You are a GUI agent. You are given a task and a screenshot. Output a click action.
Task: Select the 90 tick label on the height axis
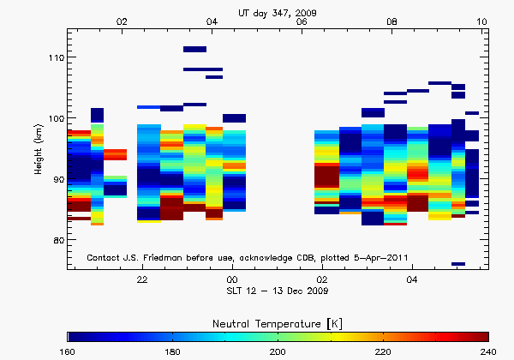tap(55, 179)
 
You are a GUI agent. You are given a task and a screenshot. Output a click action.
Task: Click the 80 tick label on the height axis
tap(55, 240)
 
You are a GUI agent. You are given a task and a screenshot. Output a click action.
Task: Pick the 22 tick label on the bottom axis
tap(142, 279)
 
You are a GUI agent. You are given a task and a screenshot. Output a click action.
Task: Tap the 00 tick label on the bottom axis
tap(232, 279)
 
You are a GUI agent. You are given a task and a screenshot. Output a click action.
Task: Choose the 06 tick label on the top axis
tap(302, 21)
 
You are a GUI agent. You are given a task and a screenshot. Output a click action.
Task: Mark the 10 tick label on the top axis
tap(482, 21)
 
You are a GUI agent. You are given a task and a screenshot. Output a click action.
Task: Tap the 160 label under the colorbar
tap(69, 351)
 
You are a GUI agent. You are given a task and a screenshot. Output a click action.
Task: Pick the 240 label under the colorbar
tap(487, 351)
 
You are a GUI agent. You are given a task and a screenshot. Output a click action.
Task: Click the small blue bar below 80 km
tap(458, 264)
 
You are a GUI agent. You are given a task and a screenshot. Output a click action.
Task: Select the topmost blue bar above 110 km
tap(194, 50)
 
